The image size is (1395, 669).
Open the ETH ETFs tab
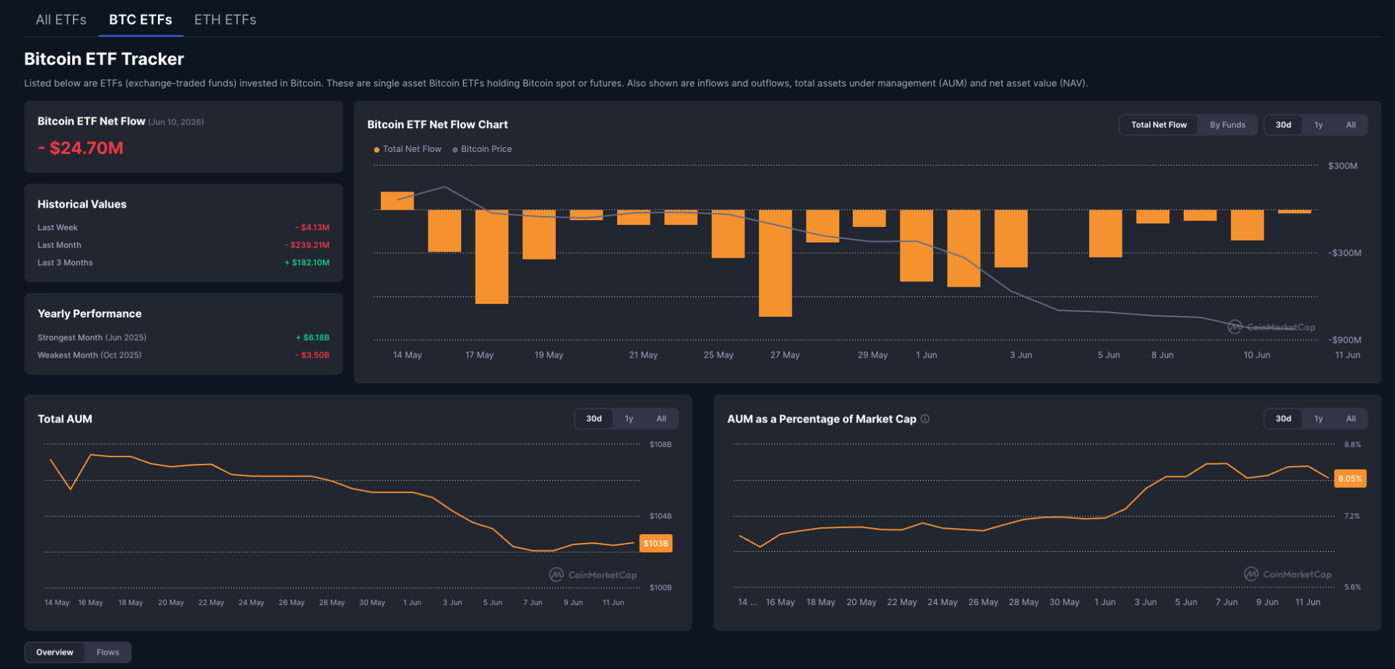(x=225, y=20)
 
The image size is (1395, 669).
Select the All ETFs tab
(x=61, y=20)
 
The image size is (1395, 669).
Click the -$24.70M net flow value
(x=80, y=148)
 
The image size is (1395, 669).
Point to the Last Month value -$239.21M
(x=307, y=245)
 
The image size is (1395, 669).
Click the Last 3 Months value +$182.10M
(x=307, y=263)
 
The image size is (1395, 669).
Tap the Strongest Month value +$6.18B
(x=313, y=338)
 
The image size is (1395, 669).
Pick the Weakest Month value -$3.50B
(x=313, y=356)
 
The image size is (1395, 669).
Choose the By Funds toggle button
(x=1227, y=125)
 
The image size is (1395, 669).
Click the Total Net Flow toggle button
(x=1159, y=125)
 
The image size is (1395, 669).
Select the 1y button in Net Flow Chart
(x=1318, y=125)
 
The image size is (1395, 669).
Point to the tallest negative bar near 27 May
(x=775, y=263)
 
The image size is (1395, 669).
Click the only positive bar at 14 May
(x=397, y=201)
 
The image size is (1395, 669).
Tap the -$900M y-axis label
(x=1345, y=340)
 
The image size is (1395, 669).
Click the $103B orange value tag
(x=656, y=544)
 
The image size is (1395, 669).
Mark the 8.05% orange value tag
(x=1350, y=479)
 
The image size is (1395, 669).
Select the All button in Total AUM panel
(x=661, y=419)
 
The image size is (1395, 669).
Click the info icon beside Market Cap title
(x=925, y=419)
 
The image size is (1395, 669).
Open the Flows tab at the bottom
(x=108, y=653)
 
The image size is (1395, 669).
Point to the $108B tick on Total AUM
(x=660, y=445)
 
